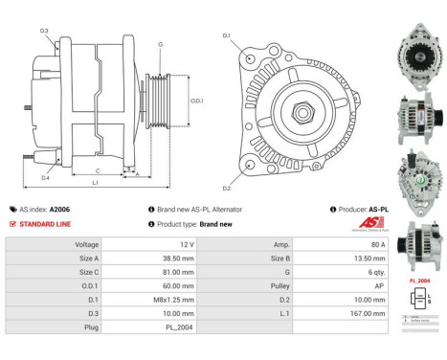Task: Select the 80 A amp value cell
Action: (x=330, y=244)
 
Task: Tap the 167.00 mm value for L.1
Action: (x=330, y=311)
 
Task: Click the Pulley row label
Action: (x=275, y=284)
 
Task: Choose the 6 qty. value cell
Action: (x=330, y=271)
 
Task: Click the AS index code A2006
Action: (x=59, y=209)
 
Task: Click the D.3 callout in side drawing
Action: (x=44, y=32)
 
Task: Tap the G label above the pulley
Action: (x=160, y=45)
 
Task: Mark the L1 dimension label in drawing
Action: (x=94, y=182)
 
